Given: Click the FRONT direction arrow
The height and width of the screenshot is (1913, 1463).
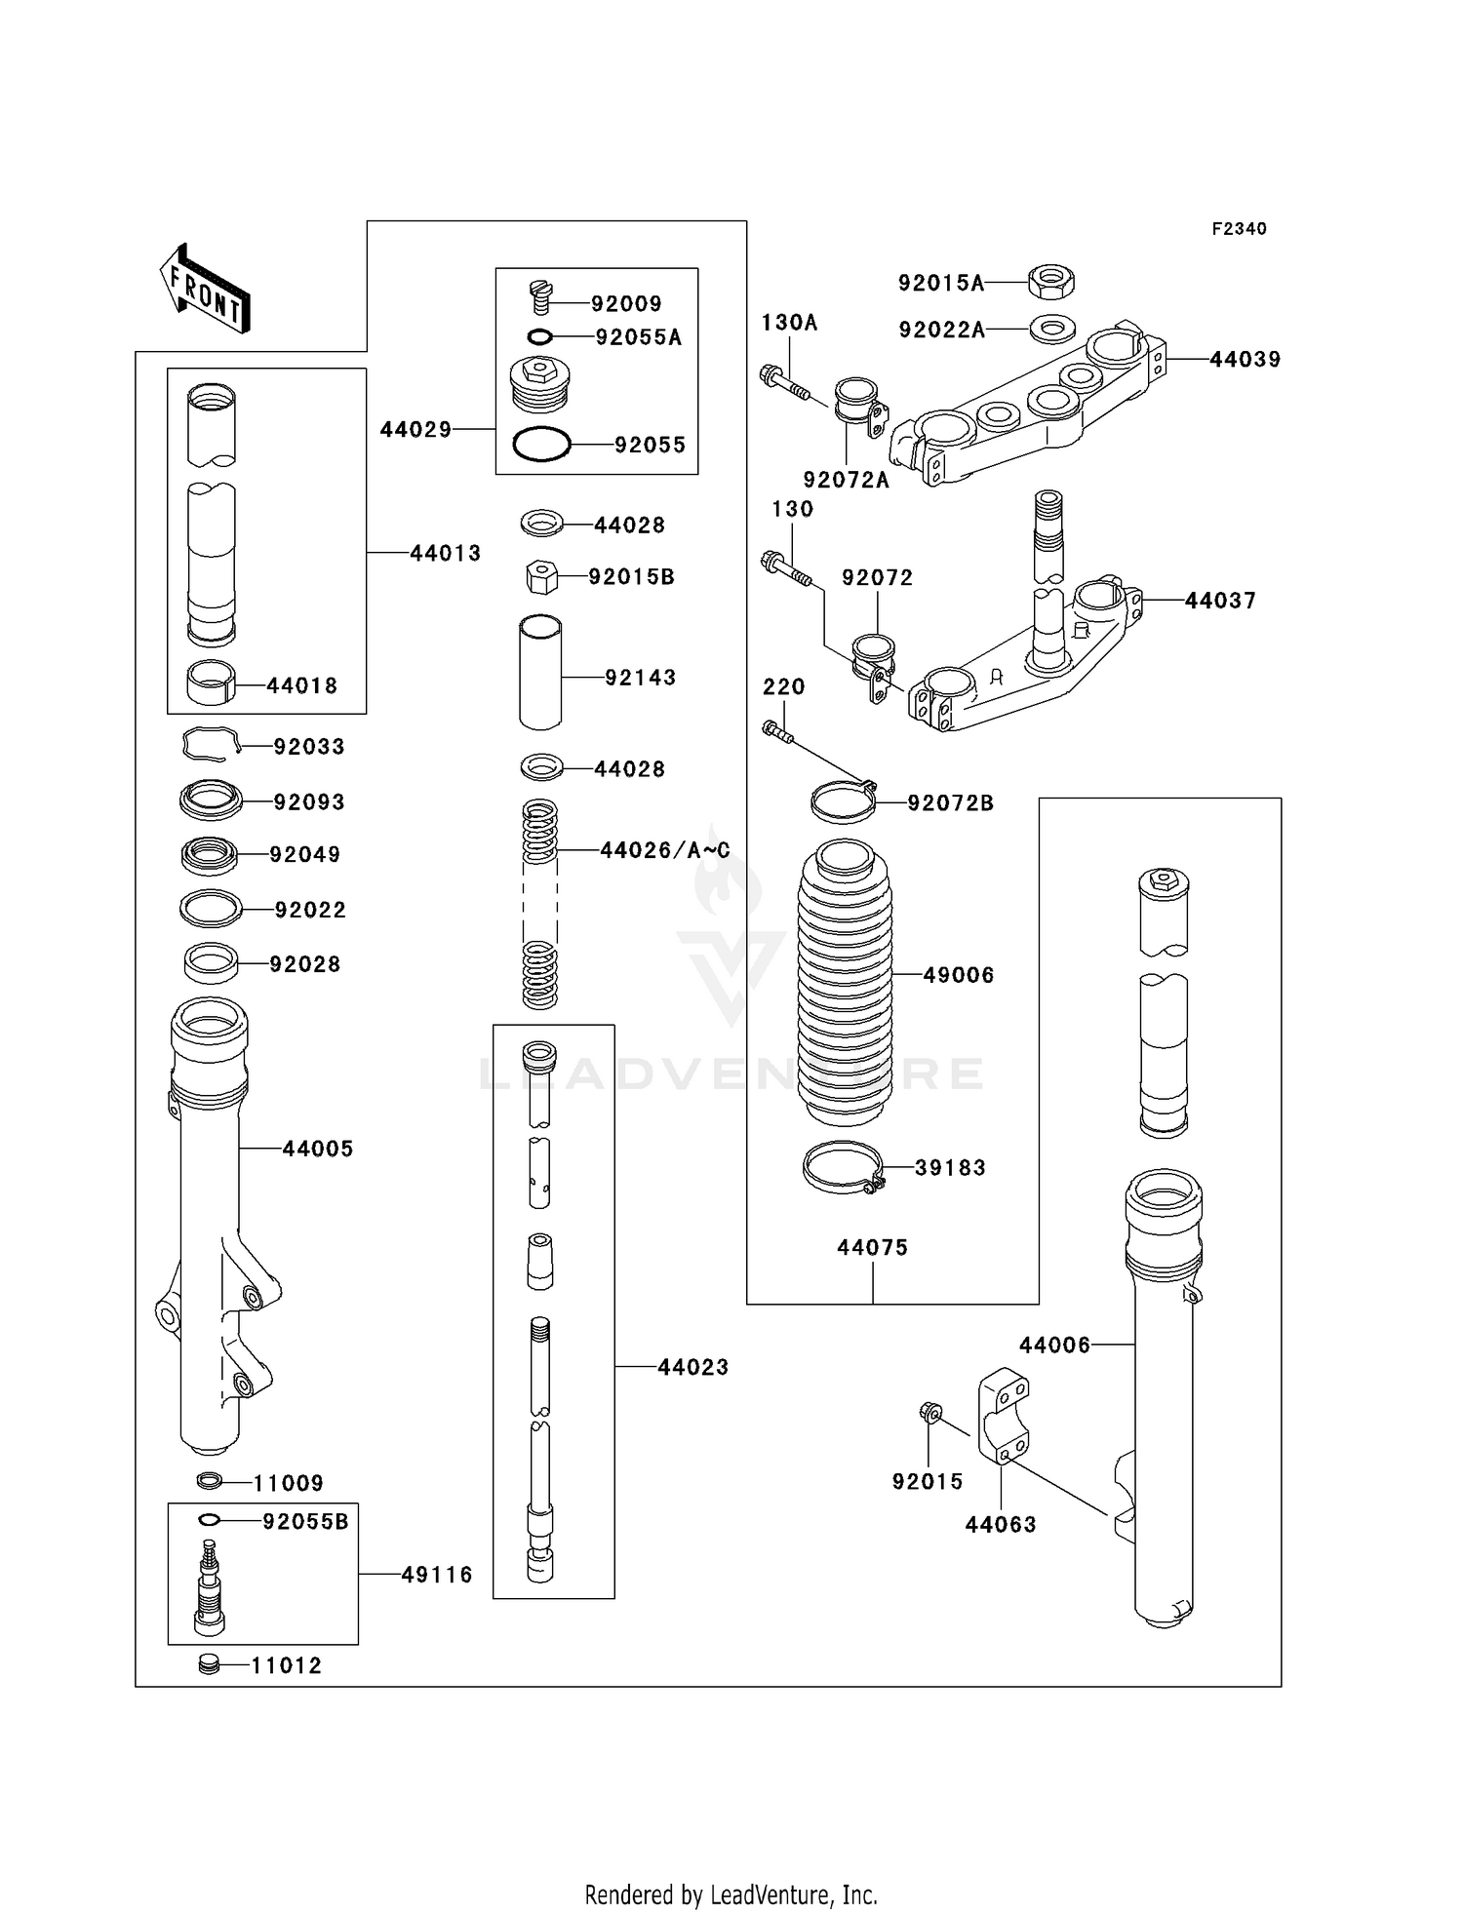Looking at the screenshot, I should (205, 289).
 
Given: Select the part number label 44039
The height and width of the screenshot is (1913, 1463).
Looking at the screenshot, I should (1245, 359).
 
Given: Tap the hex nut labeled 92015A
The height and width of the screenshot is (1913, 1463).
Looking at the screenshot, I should (1051, 282).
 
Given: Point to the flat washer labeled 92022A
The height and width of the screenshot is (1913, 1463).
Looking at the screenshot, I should (1051, 330).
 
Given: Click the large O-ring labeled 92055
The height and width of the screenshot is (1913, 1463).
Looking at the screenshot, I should (541, 445).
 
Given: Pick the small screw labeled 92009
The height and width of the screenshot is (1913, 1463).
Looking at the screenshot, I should (542, 296).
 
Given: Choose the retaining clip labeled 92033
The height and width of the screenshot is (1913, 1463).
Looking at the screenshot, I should (210, 745).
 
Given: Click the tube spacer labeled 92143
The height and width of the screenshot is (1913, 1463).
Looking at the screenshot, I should (540, 673).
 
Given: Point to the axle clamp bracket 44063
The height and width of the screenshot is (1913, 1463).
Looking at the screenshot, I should (1004, 1416).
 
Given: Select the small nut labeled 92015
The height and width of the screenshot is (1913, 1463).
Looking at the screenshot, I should (929, 1411).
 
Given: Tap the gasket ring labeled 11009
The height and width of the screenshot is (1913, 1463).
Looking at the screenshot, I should (209, 1481).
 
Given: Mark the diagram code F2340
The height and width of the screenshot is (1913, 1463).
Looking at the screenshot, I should (1239, 229).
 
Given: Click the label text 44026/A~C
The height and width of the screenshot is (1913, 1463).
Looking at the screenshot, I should (664, 850).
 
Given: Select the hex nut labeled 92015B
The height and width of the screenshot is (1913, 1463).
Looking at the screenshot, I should (541, 577).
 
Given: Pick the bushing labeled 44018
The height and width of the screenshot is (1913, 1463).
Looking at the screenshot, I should (211, 683).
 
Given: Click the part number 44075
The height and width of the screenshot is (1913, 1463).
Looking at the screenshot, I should (872, 1247).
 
